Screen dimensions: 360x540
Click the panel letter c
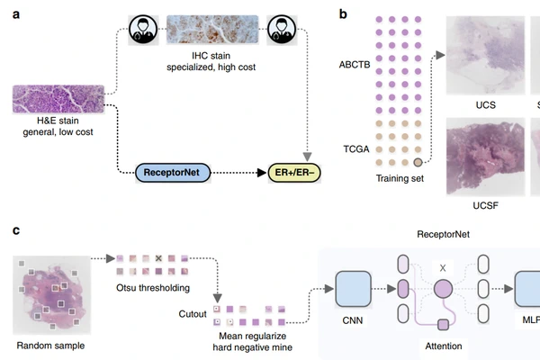point(17,230)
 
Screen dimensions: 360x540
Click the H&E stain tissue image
point(58,99)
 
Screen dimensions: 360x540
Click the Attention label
point(441,345)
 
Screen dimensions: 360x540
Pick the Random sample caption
point(51,345)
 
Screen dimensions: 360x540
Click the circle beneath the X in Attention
point(442,290)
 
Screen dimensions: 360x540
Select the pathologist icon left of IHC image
point(145,30)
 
